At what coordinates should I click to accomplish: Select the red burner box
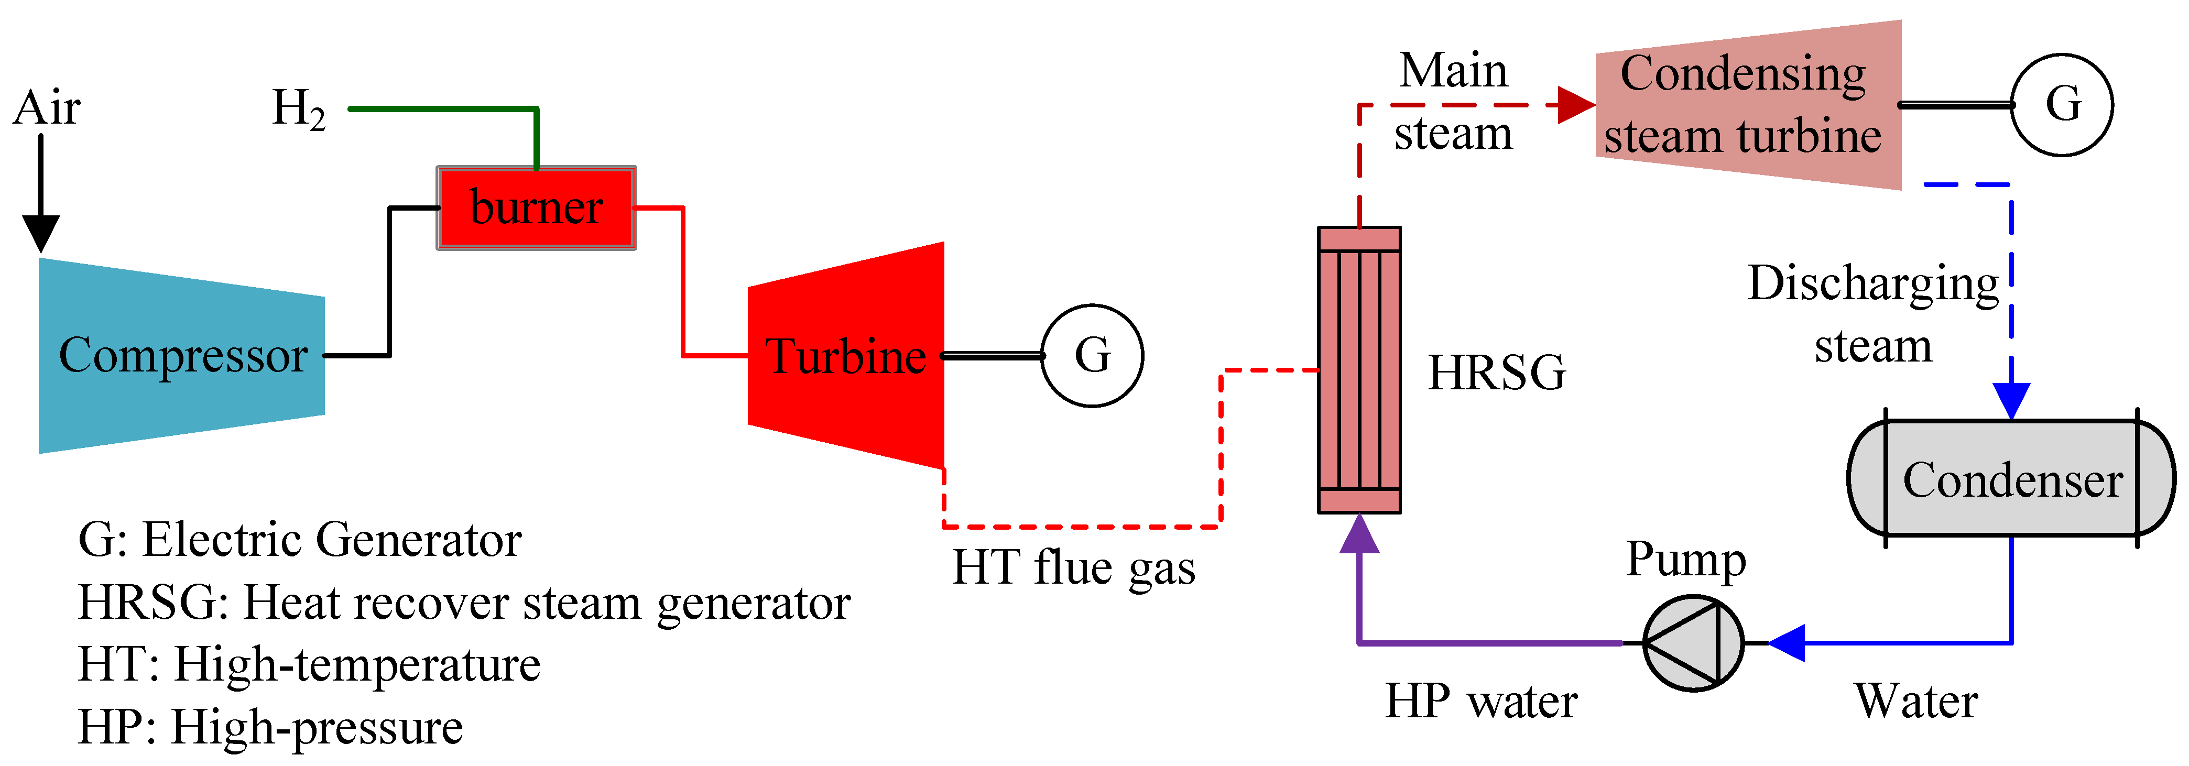536,208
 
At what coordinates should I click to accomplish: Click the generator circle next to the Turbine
1092,355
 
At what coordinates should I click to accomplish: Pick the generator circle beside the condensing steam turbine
2062,104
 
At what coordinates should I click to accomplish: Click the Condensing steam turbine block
1746,104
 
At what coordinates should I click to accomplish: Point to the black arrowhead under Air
40,234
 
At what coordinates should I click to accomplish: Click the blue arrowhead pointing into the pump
1787,643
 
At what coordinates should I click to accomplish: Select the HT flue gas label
1073,567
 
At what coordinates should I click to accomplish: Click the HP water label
1481,702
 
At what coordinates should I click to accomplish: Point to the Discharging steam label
1873,314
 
